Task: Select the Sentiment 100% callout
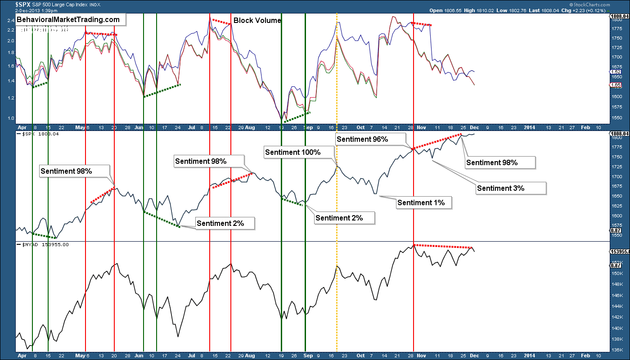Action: click(293, 152)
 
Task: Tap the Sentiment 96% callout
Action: click(362, 139)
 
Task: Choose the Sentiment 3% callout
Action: click(501, 188)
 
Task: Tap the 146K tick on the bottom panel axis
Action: click(617, 295)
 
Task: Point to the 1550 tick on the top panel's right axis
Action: click(617, 117)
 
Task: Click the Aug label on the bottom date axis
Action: click(250, 355)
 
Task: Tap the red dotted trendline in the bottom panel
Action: click(443, 246)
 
